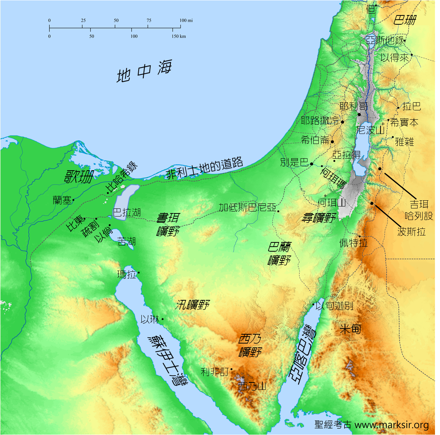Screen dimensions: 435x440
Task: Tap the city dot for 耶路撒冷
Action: coord(342,122)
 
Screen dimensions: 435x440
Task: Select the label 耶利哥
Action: coord(353,106)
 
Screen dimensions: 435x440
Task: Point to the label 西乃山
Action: coord(252,386)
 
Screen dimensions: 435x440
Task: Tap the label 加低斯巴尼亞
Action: coord(247,208)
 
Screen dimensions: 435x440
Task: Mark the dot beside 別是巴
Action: coord(312,164)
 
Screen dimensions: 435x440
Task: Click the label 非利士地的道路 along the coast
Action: coord(204,168)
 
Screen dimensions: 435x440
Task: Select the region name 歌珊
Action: coord(79,177)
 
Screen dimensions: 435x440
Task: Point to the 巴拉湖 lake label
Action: coord(127,212)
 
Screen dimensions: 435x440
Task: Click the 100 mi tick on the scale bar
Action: coord(181,28)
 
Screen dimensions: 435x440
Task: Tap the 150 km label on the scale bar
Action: coord(178,36)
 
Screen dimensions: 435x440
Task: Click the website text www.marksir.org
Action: coord(391,425)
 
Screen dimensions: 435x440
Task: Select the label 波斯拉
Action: coord(411,232)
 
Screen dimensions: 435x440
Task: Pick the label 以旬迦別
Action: coord(335,306)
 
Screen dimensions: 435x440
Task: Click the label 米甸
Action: coord(350,329)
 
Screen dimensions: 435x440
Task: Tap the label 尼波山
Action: coord(370,130)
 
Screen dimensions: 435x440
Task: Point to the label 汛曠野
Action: coord(192,305)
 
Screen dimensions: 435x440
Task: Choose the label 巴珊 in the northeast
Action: coord(404,20)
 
